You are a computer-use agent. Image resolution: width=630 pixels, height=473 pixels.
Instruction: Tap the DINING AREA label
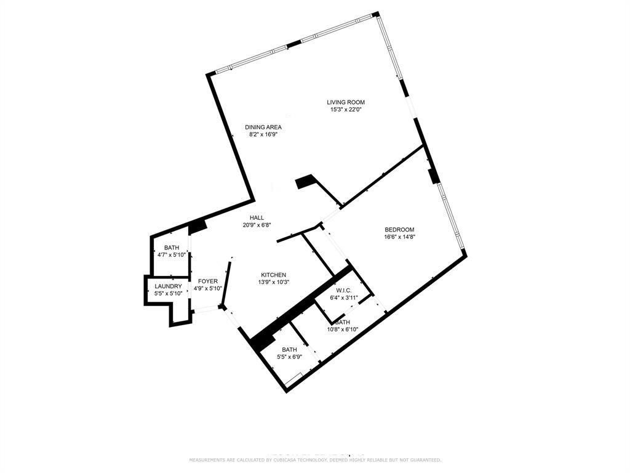[x=263, y=127]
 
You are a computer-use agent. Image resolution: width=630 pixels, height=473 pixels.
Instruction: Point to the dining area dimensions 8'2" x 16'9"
[x=263, y=135]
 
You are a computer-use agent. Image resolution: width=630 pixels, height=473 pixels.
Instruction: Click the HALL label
[x=257, y=218]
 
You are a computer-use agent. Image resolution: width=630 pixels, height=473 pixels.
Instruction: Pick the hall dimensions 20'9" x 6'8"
[x=257, y=225]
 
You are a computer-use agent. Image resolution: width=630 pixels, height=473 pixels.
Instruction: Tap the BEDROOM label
[x=400, y=230]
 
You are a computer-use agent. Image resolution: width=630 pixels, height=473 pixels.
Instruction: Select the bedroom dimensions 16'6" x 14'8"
[x=400, y=237]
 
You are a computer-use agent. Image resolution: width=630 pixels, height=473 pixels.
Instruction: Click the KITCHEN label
[x=273, y=275]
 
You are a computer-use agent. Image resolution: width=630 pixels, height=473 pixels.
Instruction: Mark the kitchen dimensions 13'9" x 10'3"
[x=273, y=283]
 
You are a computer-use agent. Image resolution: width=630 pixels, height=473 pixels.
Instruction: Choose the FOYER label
[x=208, y=281]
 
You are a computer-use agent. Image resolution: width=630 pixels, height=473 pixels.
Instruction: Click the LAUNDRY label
[x=168, y=286]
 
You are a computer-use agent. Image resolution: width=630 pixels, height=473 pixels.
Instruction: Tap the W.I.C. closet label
[x=343, y=291]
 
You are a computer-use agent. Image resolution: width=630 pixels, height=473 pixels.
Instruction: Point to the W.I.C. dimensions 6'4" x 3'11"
[x=343, y=298]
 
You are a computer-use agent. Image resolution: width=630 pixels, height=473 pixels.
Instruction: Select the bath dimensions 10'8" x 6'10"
[x=343, y=329]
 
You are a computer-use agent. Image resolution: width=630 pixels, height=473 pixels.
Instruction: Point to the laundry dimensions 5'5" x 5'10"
[x=168, y=294]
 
